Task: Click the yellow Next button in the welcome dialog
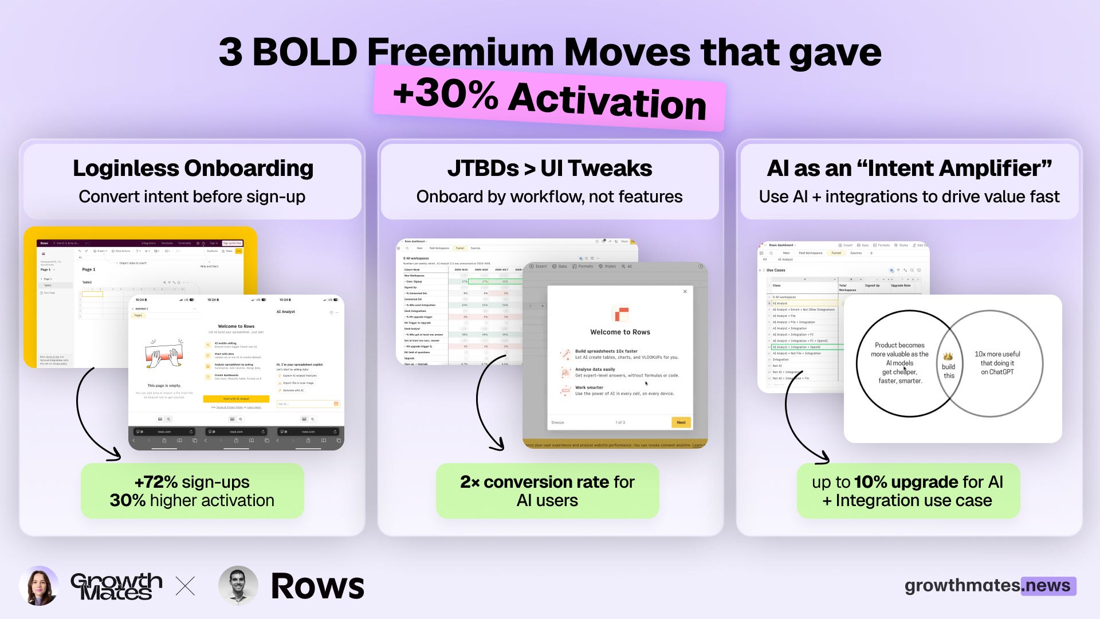pyautogui.click(x=681, y=422)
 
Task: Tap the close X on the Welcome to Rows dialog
pyautogui.click(x=685, y=292)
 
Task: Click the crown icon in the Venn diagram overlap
pyautogui.click(x=948, y=356)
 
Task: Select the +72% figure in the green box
pyautogui.click(x=155, y=482)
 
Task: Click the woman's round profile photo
pyautogui.click(x=39, y=586)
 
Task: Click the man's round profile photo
pyautogui.click(x=238, y=586)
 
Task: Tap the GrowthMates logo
pyautogui.click(x=116, y=586)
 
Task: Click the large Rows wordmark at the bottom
pyautogui.click(x=317, y=586)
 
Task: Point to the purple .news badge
pyautogui.click(x=1048, y=586)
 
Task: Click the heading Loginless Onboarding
pyautogui.click(x=193, y=169)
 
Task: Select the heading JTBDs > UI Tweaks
pyautogui.click(x=549, y=169)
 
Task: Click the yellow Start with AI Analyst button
pyautogui.click(x=236, y=399)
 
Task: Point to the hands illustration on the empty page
pyautogui.click(x=164, y=354)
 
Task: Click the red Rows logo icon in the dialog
pyautogui.click(x=620, y=314)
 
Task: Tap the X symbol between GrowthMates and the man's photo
pyautogui.click(x=185, y=586)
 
